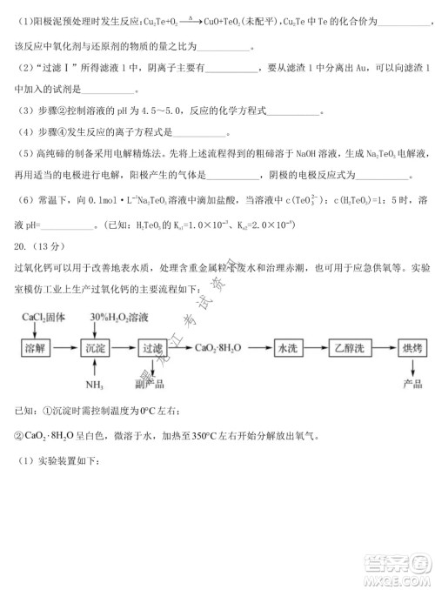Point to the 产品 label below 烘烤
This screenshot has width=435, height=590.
406,383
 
